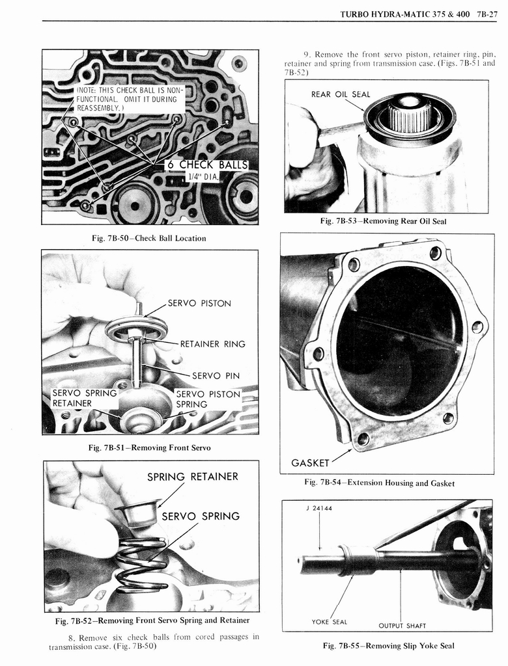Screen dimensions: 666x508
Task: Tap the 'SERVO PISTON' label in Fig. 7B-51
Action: coord(199,303)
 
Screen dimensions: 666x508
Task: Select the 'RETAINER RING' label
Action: coord(212,343)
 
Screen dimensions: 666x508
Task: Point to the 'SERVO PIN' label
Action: coord(215,375)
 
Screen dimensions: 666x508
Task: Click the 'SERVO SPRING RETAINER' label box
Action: coord(83,398)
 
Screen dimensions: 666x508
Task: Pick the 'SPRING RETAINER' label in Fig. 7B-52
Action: coord(192,477)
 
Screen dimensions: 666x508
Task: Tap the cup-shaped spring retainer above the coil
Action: coord(137,513)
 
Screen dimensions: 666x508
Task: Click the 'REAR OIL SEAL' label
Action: coord(340,94)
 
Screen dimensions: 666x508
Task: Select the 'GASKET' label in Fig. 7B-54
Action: coord(310,463)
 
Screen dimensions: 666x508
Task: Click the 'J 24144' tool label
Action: coord(318,508)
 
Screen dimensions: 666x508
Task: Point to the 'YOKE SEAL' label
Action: coord(329,622)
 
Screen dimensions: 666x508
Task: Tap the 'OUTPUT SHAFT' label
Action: coord(402,626)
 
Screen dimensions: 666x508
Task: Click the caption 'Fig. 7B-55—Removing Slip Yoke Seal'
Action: coord(388,646)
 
